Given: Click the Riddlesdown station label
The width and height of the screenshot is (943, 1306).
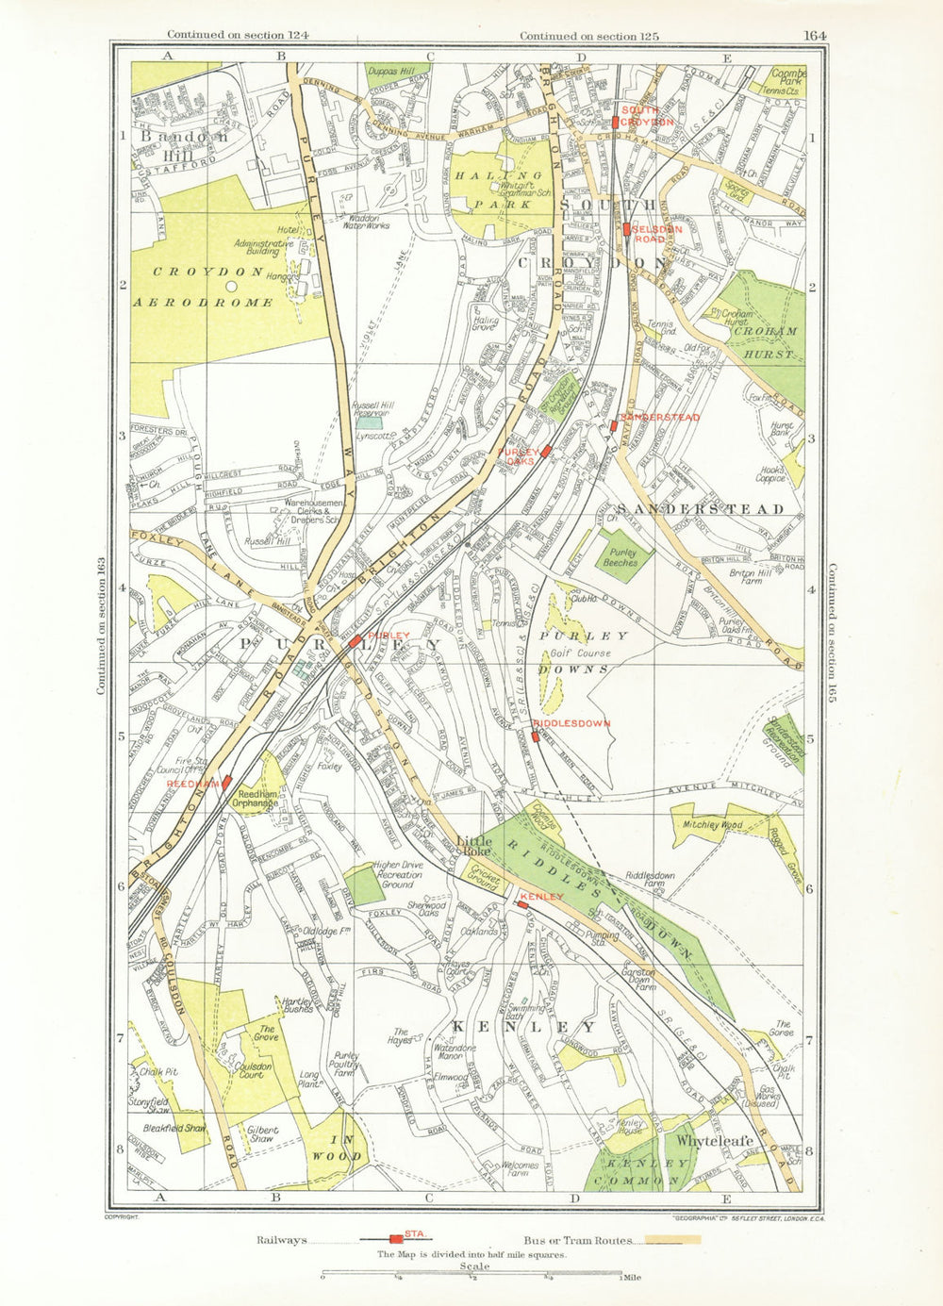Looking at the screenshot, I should [x=571, y=723].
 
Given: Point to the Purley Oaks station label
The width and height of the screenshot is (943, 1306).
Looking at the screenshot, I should [x=518, y=456].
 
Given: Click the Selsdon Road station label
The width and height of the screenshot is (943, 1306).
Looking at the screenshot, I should [x=655, y=233].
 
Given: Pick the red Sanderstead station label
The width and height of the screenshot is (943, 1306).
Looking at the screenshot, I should [x=659, y=417].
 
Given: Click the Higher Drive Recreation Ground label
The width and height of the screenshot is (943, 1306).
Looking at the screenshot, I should [x=397, y=874].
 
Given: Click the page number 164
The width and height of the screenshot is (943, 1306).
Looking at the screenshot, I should [x=815, y=36].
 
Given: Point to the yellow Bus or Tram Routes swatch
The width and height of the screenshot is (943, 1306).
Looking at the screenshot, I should [x=673, y=1240].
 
